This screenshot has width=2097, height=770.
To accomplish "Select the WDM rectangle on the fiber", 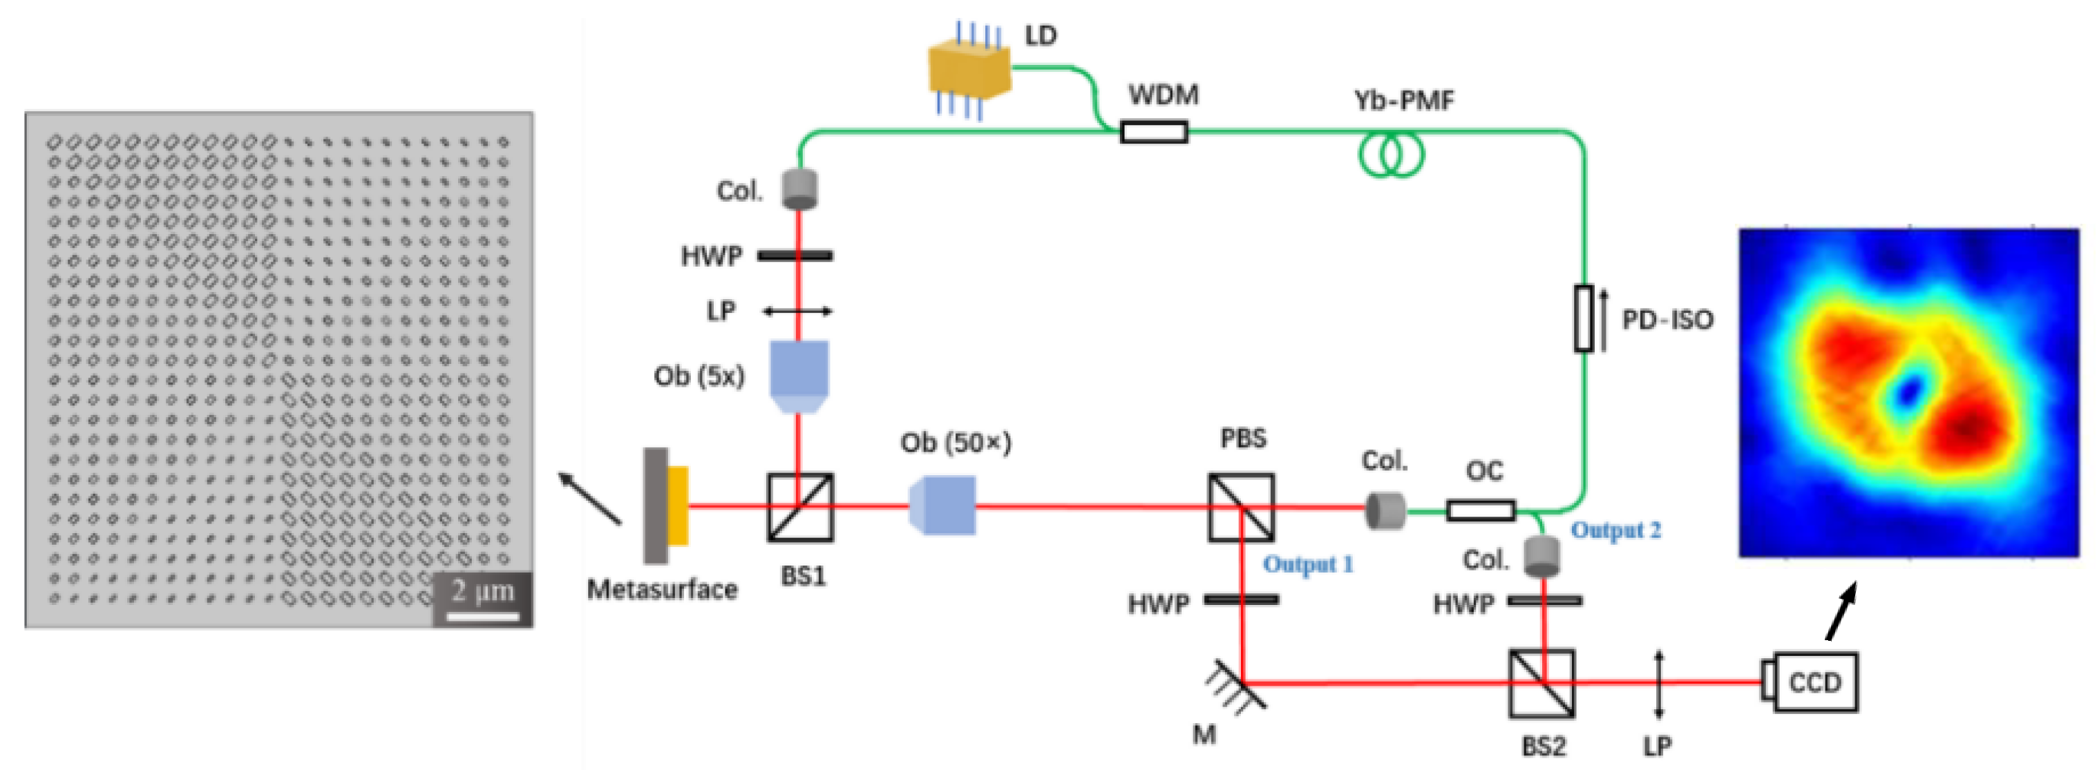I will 1153,132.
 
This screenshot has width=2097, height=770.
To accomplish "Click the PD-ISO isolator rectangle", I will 1584,318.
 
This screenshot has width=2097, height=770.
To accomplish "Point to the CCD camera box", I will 1814,682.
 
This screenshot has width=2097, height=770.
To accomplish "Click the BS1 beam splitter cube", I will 800,507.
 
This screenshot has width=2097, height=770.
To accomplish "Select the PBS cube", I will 1241,507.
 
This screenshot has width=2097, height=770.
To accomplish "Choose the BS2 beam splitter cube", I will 1541,683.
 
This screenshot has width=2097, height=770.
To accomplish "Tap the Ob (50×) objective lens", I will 942,506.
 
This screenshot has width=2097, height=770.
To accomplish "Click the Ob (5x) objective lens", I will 799,375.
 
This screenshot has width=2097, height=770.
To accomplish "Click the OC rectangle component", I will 1481,511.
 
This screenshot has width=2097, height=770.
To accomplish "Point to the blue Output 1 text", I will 1307,564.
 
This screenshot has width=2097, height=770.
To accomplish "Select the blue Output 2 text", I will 1615,530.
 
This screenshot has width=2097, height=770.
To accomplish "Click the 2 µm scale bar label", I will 483,590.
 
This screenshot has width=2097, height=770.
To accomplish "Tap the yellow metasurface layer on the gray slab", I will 677,506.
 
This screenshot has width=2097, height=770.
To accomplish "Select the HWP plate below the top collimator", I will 795,256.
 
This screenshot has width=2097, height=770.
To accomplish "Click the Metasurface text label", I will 662,589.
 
